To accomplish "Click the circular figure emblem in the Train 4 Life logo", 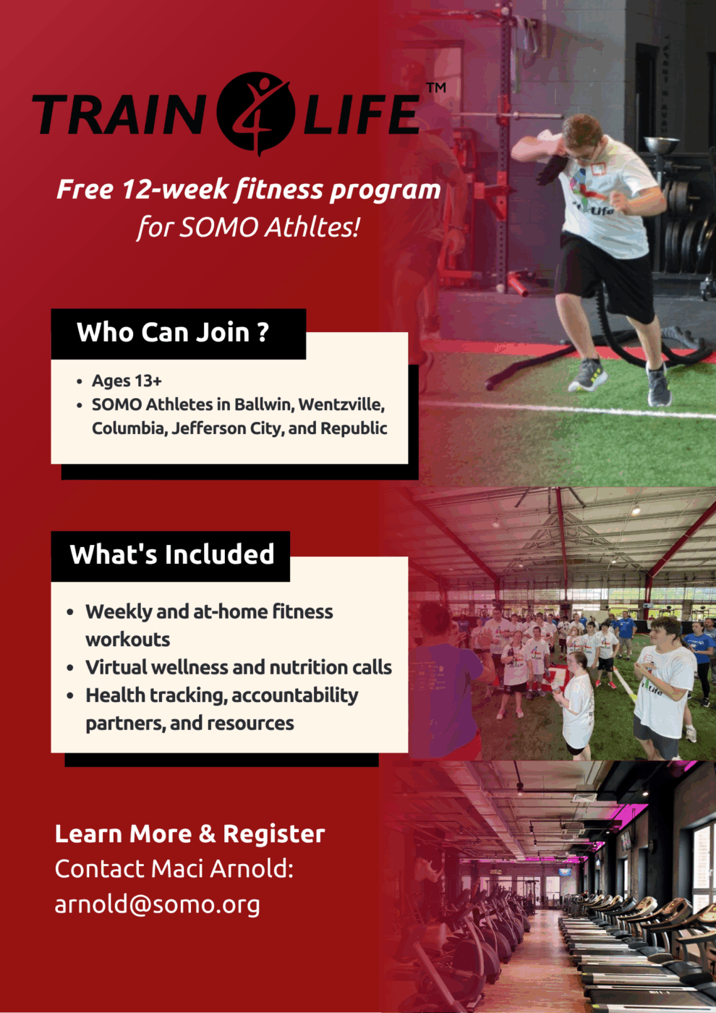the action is coord(255,112).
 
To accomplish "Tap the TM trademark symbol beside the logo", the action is coord(436,88).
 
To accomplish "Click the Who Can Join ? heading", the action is coord(173,332).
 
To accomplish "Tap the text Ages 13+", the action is coord(127,381).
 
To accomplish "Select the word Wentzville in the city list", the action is coord(341,404).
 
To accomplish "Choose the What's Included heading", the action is coord(172,554).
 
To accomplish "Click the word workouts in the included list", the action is coord(128,640).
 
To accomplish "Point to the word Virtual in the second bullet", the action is coord(115,667).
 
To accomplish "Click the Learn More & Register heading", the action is coord(189,834).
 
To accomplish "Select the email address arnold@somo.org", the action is coord(158,904).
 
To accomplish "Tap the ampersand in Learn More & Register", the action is coord(207,834).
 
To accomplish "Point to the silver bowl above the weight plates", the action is coord(662,144).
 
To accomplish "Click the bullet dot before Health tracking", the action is coord(70,695).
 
